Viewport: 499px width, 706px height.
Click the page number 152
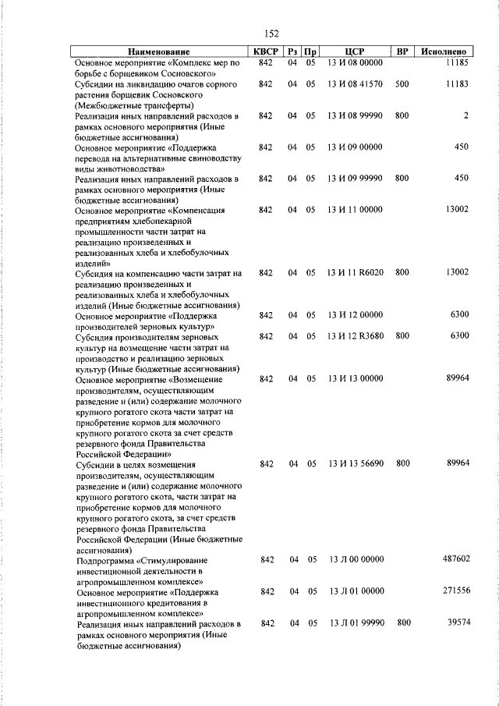[x=272, y=34]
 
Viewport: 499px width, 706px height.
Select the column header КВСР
[x=265, y=51]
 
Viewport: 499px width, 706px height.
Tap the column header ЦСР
[x=355, y=51]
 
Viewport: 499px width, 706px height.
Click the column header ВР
[x=402, y=51]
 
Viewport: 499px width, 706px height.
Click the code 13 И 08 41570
[x=355, y=83]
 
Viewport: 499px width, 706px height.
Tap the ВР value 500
[x=402, y=83]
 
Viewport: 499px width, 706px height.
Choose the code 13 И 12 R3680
[x=355, y=335]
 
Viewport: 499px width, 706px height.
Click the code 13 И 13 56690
[x=355, y=463]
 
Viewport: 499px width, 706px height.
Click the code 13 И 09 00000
[x=355, y=147]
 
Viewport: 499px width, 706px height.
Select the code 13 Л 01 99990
[x=356, y=623]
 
